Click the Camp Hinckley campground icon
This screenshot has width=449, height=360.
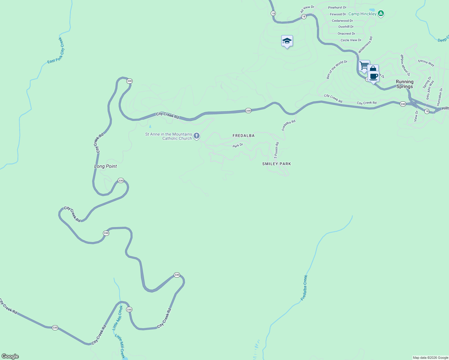[x=381, y=13]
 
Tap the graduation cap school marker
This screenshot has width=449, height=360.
[x=287, y=41]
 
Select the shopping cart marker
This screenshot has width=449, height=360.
[x=364, y=65]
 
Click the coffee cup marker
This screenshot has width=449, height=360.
[x=374, y=76]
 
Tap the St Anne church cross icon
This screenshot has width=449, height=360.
[x=197, y=136]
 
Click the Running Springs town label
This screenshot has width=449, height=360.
[x=405, y=84]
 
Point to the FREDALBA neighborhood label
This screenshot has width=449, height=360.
[x=243, y=136]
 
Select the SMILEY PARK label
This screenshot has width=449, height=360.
[x=276, y=164]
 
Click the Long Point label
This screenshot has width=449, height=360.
[x=105, y=166]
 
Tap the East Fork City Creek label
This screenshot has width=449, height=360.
[x=56, y=50]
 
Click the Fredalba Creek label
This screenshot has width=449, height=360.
[x=304, y=288]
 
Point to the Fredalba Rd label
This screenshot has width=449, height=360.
[x=288, y=125]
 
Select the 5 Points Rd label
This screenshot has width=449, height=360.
[x=276, y=150]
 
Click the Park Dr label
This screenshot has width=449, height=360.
[x=238, y=145]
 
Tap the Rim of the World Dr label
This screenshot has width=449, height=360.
[x=337, y=70]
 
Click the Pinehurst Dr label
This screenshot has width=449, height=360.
[x=337, y=7]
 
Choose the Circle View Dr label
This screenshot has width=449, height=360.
[x=351, y=40]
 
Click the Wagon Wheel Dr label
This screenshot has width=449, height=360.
[x=405, y=65]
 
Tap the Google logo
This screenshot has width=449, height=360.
[x=10, y=356]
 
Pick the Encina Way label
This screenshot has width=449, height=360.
[x=426, y=63]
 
